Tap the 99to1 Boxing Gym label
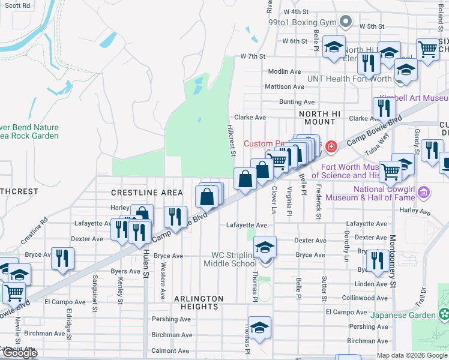[302, 22]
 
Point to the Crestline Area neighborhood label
[146, 193]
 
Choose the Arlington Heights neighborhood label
[199, 302]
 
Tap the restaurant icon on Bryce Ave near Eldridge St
[62, 258]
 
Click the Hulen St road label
[146, 265]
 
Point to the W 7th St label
[252, 56]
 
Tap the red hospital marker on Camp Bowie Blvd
[330, 146]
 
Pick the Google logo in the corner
[20, 353]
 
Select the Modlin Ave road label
[285, 71]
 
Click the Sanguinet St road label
[95, 294]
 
